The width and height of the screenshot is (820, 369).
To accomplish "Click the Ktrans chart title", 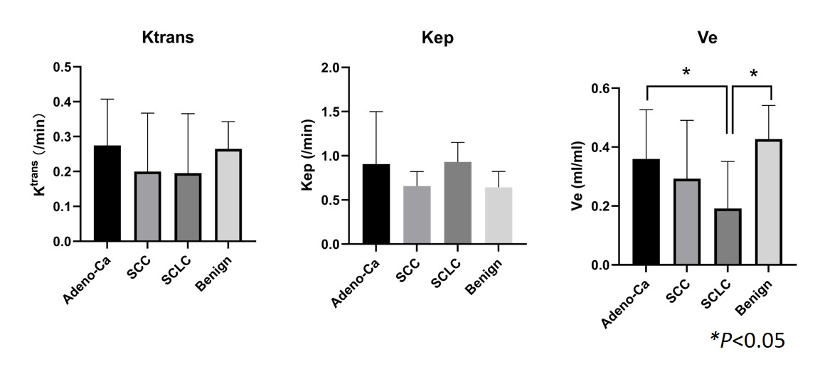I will (x=168, y=38).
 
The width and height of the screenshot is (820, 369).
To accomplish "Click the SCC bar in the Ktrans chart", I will (x=147, y=206).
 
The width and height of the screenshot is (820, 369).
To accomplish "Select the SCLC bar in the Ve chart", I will (x=728, y=237).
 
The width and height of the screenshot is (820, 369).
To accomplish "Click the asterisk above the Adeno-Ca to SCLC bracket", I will (x=686, y=73).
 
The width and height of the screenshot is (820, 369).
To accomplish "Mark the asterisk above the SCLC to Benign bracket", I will (x=753, y=73).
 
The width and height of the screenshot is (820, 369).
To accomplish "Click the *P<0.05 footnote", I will (x=747, y=340).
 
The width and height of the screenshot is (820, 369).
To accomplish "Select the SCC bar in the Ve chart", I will (x=687, y=222).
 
